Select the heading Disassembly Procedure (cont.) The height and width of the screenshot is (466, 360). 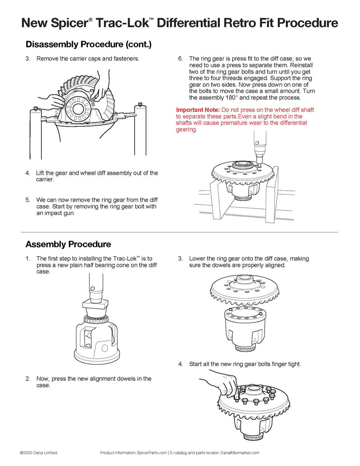pyautogui.click(x=88, y=44)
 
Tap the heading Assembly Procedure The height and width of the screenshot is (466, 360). pyautogui.click(x=68, y=244)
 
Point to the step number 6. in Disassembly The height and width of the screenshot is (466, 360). pyautogui.click(x=181, y=59)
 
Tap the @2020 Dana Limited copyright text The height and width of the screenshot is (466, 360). pyautogui.click(x=39, y=453)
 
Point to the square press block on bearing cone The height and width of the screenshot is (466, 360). pyautogui.click(x=95, y=304)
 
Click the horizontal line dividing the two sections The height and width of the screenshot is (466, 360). pyautogui.click(x=179, y=232)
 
